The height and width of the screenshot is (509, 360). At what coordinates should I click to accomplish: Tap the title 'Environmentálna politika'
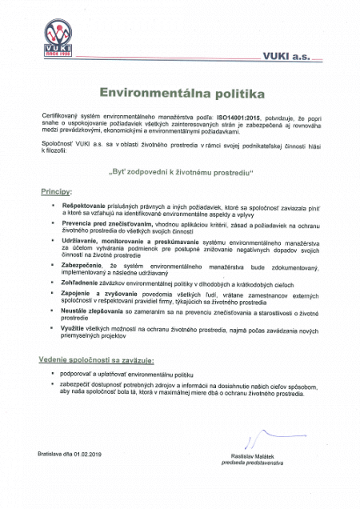click(x=179, y=94)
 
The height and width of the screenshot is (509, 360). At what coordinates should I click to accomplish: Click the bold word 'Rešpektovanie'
click(x=80, y=206)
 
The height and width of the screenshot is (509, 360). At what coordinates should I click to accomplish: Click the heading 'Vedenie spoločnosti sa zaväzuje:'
click(x=97, y=360)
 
